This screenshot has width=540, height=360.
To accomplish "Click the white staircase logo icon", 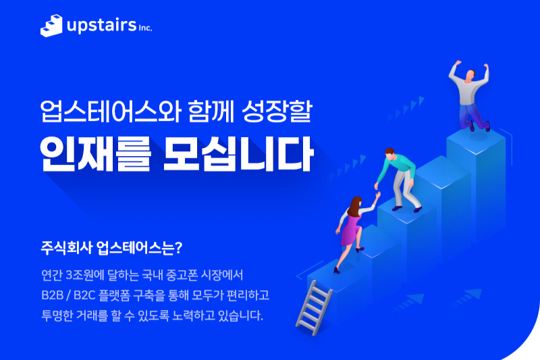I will (x=51, y=26).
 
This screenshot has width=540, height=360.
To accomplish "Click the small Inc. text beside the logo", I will (x=144, y=28).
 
